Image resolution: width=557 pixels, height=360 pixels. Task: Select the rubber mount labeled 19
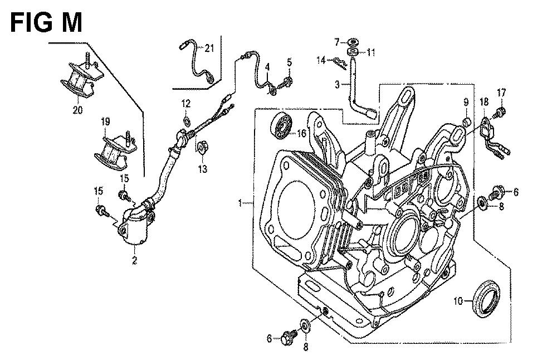pos(116,147)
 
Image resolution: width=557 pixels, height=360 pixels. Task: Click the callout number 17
pos(501,93)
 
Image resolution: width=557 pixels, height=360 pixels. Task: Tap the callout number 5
pos(289,62)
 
